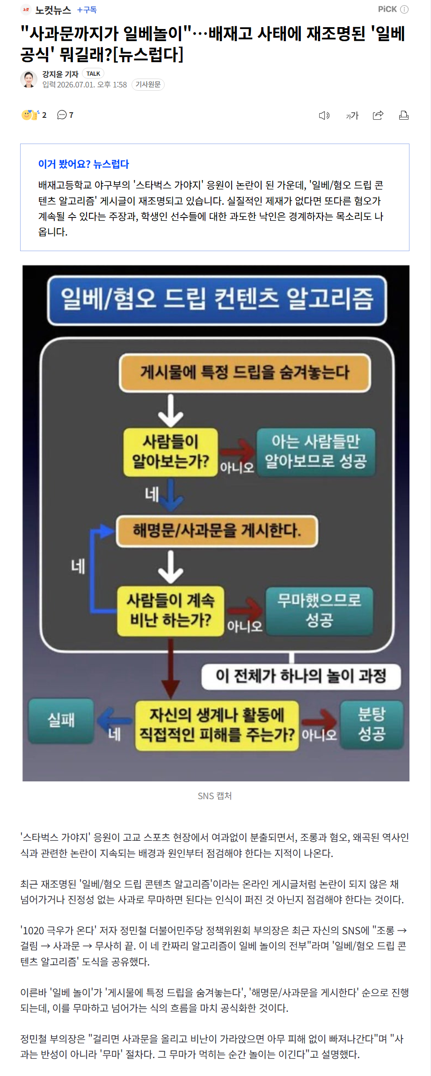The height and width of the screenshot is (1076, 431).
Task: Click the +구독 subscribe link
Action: tap(87, 10)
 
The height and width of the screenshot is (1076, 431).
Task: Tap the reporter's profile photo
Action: tap(29, 79)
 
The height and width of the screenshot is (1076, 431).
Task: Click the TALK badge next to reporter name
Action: tap(93, 73)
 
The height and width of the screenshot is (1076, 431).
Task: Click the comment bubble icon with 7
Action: tap(65, 115)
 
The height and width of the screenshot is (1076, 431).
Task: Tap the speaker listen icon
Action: tap(324, 116)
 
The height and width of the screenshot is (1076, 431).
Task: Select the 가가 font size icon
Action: tap(352, 116)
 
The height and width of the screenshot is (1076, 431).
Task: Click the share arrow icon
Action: tap(378, 115)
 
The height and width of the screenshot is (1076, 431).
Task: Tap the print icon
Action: tap(404, 115)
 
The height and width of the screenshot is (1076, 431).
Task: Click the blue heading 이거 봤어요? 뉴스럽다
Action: tap(84, 164)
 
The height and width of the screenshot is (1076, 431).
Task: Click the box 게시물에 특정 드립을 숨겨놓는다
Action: tap(245, 373)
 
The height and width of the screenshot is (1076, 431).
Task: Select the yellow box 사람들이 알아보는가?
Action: tap(171, 452)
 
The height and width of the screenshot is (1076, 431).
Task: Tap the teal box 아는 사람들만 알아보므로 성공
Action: tap(316, 452)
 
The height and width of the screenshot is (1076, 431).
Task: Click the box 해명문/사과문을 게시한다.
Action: tap(217, 531)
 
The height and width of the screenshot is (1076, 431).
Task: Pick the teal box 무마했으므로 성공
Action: tap(319, 611)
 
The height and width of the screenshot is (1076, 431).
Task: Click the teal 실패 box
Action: tap(61, 721)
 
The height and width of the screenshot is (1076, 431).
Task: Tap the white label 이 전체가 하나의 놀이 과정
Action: tap(301, 676)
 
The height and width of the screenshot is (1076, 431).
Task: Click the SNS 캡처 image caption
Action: tap(215, 796)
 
